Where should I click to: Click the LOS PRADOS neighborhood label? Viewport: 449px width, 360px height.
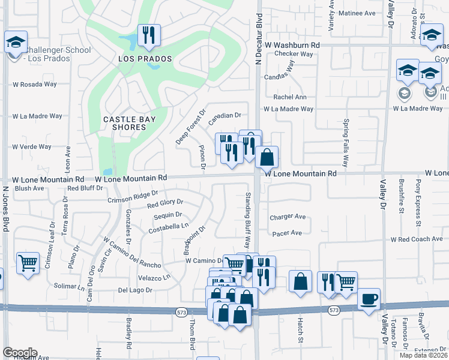[145, 59]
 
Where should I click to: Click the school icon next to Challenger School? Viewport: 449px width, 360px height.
[15, 42]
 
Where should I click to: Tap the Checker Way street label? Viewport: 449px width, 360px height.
[294, 54]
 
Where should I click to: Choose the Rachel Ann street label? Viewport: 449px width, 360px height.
[290, 97]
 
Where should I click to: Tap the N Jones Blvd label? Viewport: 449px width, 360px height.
[5, 208]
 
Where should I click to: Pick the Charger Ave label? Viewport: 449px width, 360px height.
[288, 217]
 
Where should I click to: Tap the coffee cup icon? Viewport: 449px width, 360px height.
[369, 298]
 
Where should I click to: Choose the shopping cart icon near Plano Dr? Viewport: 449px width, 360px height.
[28, 263]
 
